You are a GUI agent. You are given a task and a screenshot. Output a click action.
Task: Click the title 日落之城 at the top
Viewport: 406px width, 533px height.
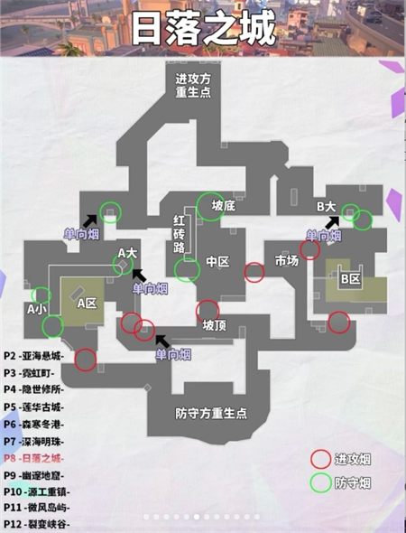203,28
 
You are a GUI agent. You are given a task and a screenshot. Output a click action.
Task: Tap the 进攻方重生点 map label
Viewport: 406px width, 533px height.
193,85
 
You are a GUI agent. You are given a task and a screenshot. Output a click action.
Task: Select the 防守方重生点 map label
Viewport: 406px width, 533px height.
211,414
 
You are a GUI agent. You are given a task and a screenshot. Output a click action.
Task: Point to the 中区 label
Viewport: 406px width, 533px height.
218,261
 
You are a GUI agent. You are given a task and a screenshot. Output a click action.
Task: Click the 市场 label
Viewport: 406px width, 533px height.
287,261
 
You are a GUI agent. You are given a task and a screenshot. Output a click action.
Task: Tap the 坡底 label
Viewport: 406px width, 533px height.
223,206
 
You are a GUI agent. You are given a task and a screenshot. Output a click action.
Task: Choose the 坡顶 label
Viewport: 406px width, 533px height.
214,325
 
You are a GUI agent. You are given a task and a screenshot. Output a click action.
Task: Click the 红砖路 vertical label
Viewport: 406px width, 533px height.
180,234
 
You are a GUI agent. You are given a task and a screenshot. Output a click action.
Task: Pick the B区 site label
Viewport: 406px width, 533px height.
350,279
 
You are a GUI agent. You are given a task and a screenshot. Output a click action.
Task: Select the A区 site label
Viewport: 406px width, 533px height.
87,303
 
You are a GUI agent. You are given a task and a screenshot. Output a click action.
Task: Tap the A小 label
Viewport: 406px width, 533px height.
37,309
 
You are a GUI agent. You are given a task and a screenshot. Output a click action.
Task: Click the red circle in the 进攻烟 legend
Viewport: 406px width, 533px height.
320,459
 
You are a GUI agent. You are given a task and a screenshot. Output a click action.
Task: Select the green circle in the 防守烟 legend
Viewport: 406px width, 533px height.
320,482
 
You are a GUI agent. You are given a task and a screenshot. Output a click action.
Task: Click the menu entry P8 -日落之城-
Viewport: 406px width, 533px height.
34,458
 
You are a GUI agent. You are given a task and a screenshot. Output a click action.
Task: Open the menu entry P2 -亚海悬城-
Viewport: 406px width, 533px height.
34,356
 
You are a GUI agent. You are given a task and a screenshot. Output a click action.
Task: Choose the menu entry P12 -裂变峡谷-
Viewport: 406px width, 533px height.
37,524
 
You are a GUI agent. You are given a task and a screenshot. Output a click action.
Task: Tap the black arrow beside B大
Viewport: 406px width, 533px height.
332,222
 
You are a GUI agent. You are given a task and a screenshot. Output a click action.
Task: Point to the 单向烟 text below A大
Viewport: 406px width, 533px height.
150,289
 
